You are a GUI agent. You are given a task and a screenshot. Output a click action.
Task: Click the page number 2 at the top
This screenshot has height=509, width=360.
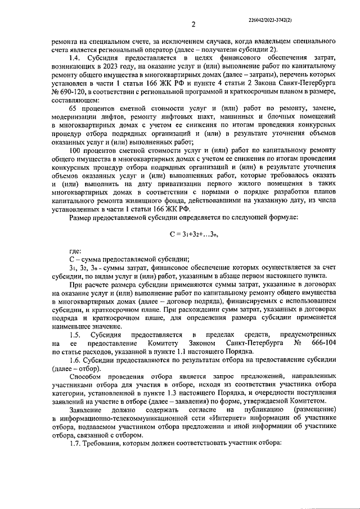pos(193,24)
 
